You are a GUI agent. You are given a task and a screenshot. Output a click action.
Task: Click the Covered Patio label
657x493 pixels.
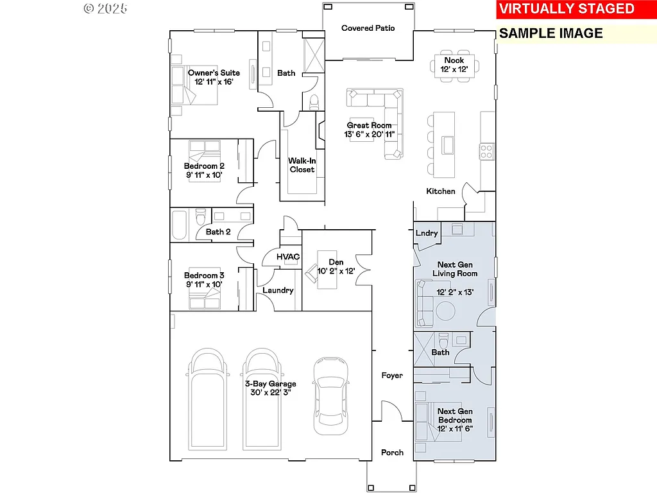[368, 28]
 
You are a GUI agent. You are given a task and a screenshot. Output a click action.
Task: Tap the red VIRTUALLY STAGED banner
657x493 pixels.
[567, 8]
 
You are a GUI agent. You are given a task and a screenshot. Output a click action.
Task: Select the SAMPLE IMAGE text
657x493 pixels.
[551, 33]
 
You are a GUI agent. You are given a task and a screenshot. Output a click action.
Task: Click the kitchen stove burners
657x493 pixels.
[486, 151]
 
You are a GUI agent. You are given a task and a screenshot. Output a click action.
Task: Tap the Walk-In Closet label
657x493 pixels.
[302, 165]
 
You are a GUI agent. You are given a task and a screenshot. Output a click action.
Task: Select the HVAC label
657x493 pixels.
[288, 257]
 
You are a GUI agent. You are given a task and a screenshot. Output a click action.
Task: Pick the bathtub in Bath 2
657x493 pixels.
[179, 224]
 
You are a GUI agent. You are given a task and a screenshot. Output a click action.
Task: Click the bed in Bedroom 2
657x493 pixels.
[205, 168]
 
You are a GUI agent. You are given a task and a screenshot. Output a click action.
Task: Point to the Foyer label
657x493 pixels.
[392, 376]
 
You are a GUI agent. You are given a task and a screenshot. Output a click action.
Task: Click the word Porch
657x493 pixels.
[392, 453]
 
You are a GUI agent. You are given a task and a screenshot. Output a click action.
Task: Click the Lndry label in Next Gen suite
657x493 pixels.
[427, 233]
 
